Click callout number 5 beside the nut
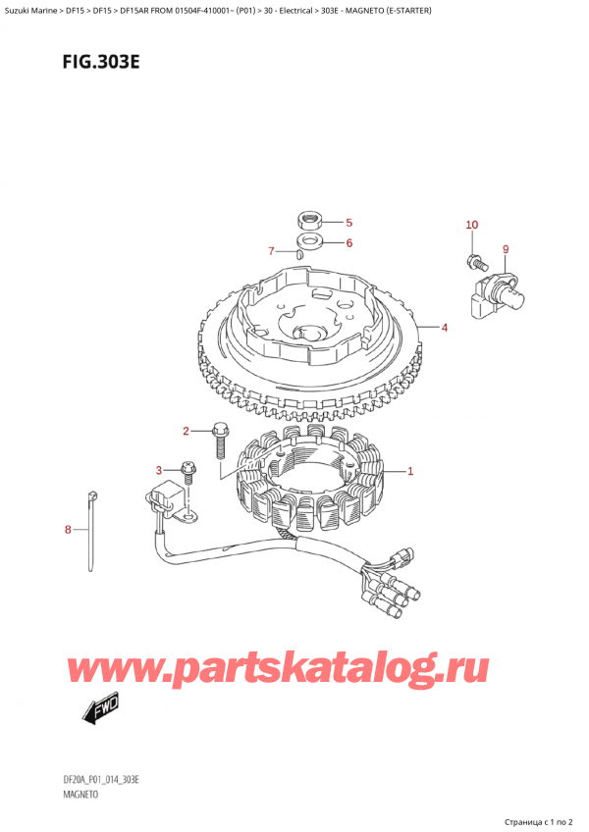pyautogui.click(x=348, y=223)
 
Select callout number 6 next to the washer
pyautogui.click(x=348, y=242)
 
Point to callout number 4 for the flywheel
pyautogui.click(x=445, y=327)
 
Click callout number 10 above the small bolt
pyautogui.click(x=471, y=226)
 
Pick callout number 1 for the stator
pyautogui.click(x=410, y=472)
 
